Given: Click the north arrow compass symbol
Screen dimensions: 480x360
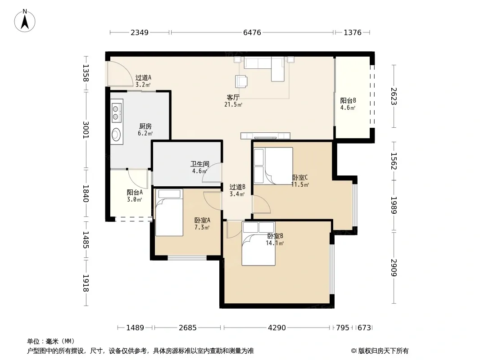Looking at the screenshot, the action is (25, 21).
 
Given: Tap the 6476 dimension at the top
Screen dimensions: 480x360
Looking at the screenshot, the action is (252, 32).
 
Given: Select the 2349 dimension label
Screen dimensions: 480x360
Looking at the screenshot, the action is (140, 32).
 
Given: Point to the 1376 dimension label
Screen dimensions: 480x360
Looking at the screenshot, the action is (353, 32).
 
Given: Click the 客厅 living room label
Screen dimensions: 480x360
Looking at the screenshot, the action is (233, 98).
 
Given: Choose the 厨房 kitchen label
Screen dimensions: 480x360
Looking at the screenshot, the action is (145, 126).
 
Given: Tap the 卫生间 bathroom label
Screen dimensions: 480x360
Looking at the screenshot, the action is (199, 164).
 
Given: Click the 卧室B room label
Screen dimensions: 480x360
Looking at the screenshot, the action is (275, 236).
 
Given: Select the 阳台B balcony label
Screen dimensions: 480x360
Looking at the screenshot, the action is (348, 101).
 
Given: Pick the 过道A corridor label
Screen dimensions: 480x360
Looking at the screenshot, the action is (143, 78).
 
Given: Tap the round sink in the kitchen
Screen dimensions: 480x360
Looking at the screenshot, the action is (116, 134).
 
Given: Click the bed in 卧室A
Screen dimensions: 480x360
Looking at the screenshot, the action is (169, 212).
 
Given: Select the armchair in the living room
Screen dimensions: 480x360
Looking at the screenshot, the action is (241, 81).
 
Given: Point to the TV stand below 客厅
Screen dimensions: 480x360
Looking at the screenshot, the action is (265, 136).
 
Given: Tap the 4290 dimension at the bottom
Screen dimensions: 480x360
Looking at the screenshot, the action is (277, 328).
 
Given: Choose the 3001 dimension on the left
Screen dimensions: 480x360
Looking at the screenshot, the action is (86, 130).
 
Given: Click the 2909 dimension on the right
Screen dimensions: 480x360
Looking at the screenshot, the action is (394, 268).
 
